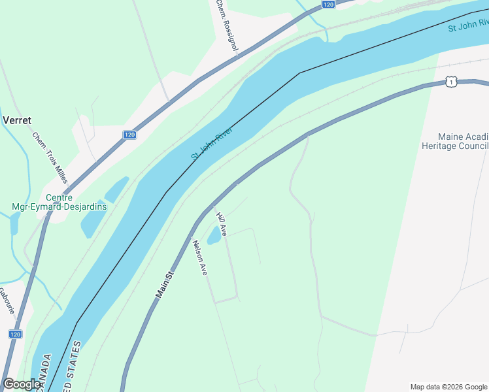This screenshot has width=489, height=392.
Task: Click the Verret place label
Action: pos(18,120)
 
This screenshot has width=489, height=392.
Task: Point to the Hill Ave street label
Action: pos(222,224)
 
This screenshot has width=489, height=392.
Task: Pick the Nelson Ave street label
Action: pos(199,257)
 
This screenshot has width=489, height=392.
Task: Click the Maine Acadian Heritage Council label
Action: pos(463,141)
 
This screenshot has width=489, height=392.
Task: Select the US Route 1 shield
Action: pos(451,81)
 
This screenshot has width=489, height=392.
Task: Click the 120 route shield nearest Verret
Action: pos(129,135)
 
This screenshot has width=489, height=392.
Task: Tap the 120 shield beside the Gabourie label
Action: pos(16,334)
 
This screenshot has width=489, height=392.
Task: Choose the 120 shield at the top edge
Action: pos(328,5)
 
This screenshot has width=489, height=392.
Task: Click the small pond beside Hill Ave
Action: pos(214,237)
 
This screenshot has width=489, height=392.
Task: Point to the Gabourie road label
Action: pos(7,301)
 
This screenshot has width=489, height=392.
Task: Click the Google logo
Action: pos(22,384)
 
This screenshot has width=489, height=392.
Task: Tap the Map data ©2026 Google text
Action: pos(448,386)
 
